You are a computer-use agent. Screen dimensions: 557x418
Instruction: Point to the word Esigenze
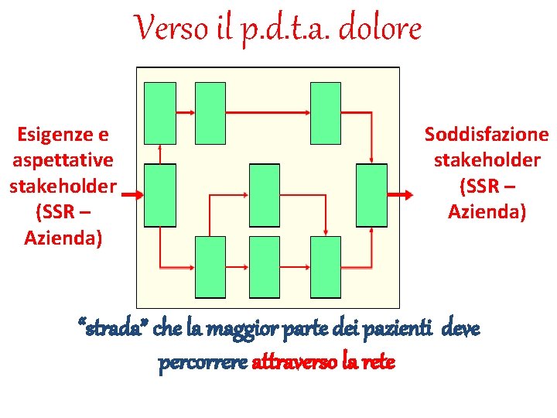click(63, 135)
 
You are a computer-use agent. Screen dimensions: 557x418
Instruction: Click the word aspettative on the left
click(63, 160)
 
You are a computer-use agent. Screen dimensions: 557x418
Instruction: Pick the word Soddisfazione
click(487, 135)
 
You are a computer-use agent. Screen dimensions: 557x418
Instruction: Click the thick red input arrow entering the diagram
click(132, 195)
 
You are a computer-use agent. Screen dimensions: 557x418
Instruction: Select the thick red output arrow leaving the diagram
click(401, 194)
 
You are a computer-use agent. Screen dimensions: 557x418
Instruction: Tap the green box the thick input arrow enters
click(160, 195)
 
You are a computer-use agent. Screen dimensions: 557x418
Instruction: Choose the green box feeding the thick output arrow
click(371, 194)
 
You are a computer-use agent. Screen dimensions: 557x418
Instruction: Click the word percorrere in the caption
click(203, 361)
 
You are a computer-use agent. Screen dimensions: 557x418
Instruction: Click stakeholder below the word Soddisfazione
click(487, 160)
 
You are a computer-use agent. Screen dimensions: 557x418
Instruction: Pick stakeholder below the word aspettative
click(63, 186)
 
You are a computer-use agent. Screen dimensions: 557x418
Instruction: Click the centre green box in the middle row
click(265, 194)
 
